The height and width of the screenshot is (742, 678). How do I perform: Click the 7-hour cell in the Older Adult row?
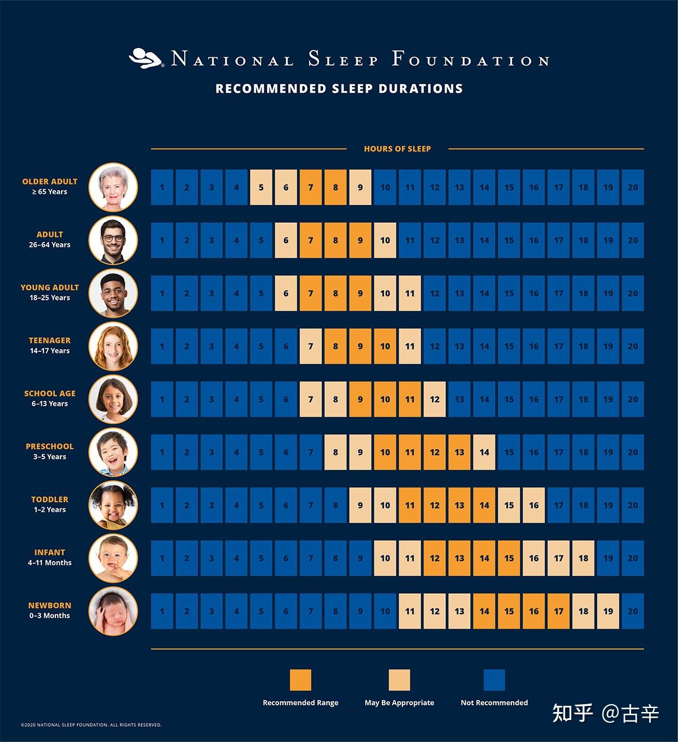(x=311, y=187)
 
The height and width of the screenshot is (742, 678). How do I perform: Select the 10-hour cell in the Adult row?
(x=385, y=240)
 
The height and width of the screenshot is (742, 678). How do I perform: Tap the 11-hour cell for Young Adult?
(x=410, y=294)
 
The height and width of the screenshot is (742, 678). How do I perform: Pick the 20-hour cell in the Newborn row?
(x=633, y=611)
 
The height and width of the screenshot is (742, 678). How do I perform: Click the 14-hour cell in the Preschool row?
(x=484, y=452)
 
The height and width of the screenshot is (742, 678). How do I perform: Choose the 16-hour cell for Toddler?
(x=534, y=505)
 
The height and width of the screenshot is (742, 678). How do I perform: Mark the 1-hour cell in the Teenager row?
(x=162, y=346)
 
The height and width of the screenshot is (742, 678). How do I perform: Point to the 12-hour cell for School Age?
(x=434, y=399)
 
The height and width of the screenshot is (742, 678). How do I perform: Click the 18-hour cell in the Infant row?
(x=583, y=558)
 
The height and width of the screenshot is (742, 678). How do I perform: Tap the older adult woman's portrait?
(x=113, y=187)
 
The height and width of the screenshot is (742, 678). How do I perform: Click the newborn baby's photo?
(x=113, y=611)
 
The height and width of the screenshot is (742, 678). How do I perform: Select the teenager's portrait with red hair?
(x=113, y=346)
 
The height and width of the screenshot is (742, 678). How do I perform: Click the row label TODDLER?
(x=50, y=499)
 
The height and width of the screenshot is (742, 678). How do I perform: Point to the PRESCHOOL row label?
(x=50, y=446)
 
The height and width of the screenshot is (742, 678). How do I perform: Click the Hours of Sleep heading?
(x=397, y=149)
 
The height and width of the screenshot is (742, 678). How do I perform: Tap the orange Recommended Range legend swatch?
(x=301, y=680)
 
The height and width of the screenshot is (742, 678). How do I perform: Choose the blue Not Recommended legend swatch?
(x=494, y=680)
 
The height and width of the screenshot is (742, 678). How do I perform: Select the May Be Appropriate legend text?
(x=399, y=703)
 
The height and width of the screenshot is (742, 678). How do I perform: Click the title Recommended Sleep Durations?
(x=339, y=89)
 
